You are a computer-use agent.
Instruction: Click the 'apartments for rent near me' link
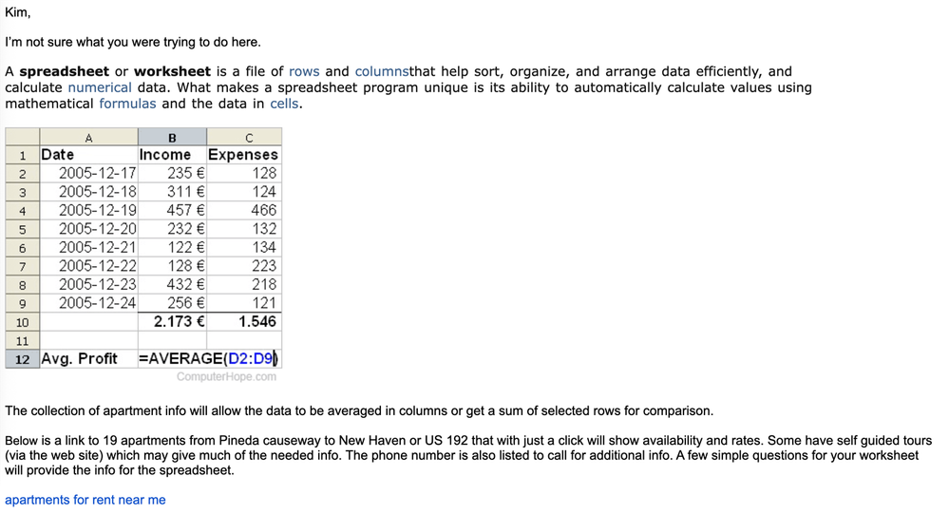click(85, 500)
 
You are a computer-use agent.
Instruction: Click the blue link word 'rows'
click(304, 71)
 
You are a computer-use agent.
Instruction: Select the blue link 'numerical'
click(100, 87)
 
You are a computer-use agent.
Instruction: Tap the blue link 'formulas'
click(127, 104)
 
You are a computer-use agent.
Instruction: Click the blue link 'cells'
click(284, 104)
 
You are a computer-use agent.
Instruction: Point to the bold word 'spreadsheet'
click(64, 71)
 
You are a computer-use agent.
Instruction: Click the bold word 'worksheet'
click(172, 71)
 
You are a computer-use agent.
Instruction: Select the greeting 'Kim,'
click(18, 12)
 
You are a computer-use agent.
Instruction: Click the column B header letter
click(172, 138)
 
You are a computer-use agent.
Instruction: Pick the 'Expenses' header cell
click(243, 155)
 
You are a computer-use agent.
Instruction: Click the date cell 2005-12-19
click(97, 210)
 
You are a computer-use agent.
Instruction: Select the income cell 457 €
click(186, 210)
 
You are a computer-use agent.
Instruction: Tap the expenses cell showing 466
click(263, 210)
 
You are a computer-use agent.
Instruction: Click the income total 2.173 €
click(180, 321)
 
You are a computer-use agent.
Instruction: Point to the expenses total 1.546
click(257, 321)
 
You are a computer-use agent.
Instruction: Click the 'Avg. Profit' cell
click(80, 358)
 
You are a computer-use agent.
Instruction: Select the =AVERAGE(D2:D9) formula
click(209, 358)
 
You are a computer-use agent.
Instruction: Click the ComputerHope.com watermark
click(226, 376)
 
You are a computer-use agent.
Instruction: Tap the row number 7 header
click(22, 266)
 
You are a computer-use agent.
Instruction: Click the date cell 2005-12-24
click(97, 303)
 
